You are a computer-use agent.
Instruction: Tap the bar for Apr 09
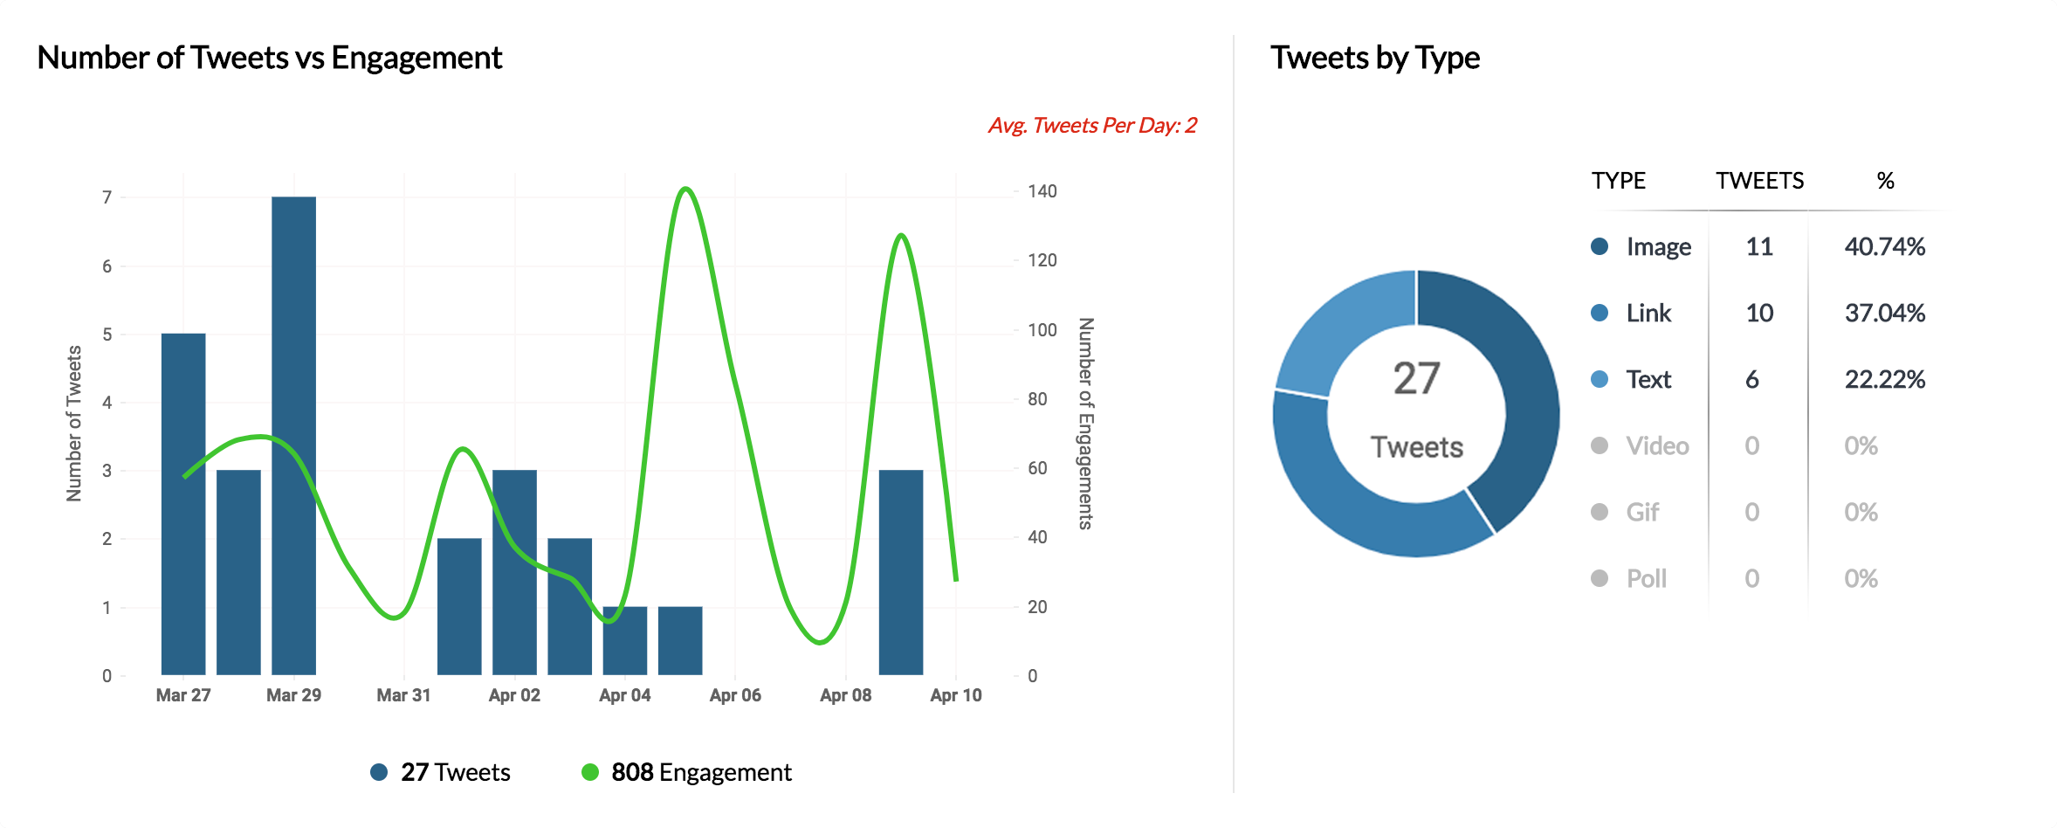[x=901, y=572]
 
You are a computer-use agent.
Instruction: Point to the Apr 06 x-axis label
[x=735, y=695]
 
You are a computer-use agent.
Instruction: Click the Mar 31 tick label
[x=403, y=695]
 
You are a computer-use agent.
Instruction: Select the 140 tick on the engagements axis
[x=1042, y=191]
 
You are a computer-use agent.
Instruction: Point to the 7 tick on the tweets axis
[x=107, y=197]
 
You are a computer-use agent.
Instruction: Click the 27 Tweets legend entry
[x=441, y=772]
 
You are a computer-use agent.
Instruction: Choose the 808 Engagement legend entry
[x=687, y=772]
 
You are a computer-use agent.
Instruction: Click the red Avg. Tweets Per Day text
[x=1092, y=126]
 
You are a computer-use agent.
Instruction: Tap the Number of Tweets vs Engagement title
[x=270, y=58]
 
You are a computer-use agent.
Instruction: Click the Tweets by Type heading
[x=1375, y=58]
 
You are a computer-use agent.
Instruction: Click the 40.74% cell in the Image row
[x=1884, y=247]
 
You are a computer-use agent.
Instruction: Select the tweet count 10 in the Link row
[x=1759, y=314]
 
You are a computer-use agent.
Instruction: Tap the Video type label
[x=1657, y=446]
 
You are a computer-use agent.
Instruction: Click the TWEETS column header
[x=1759, y=181]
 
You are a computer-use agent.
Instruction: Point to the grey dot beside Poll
[x=1600, y=578]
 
